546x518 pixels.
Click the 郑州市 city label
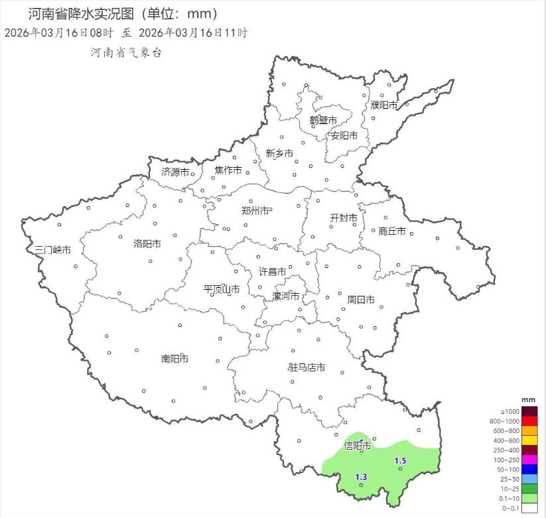point(255,211)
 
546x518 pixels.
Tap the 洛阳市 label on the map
point(147,243)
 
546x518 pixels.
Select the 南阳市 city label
point(174,359)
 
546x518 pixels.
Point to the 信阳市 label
point(357,446)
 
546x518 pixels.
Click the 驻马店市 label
point(307,367)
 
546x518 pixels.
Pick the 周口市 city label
point(361,300)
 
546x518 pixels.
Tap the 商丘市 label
point(391,231)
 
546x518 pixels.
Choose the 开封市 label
point(344,218)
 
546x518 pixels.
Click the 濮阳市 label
point(384,105)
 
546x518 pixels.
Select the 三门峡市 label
point(52,250)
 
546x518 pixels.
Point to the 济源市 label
point(175,172)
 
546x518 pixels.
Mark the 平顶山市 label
point(222,289)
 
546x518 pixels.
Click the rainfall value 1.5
point(400,461)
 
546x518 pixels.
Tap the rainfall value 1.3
point(361,477)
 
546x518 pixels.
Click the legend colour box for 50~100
point(529,469)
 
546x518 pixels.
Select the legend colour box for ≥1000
point(529,411)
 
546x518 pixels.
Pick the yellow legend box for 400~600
point(529,440)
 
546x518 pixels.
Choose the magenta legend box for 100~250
point(529,460)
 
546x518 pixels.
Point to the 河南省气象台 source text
point(126,52)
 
